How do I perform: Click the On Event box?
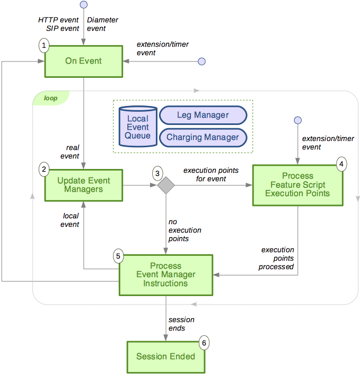click(83, 61)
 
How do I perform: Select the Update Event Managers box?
click(83, 185)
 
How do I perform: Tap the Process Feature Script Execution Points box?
click(297, 184)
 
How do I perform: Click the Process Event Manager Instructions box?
click(165, 274)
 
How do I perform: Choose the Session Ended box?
click(165, 356)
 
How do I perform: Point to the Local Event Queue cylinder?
click(137, 128)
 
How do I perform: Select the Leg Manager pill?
click(203, 115)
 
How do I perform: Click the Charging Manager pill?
click(203, 137)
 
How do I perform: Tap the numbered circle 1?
click(45, 46)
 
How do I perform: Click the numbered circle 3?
click(157, 173)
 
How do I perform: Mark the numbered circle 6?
click(204, 343)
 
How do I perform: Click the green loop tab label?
click(50, 98)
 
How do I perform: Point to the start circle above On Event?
click(83, 5)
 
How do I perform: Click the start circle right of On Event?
click(201, 61)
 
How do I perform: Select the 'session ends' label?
click(181, 324)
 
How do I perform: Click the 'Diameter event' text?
click(102, 24)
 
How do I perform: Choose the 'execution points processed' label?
click(277, 258)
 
